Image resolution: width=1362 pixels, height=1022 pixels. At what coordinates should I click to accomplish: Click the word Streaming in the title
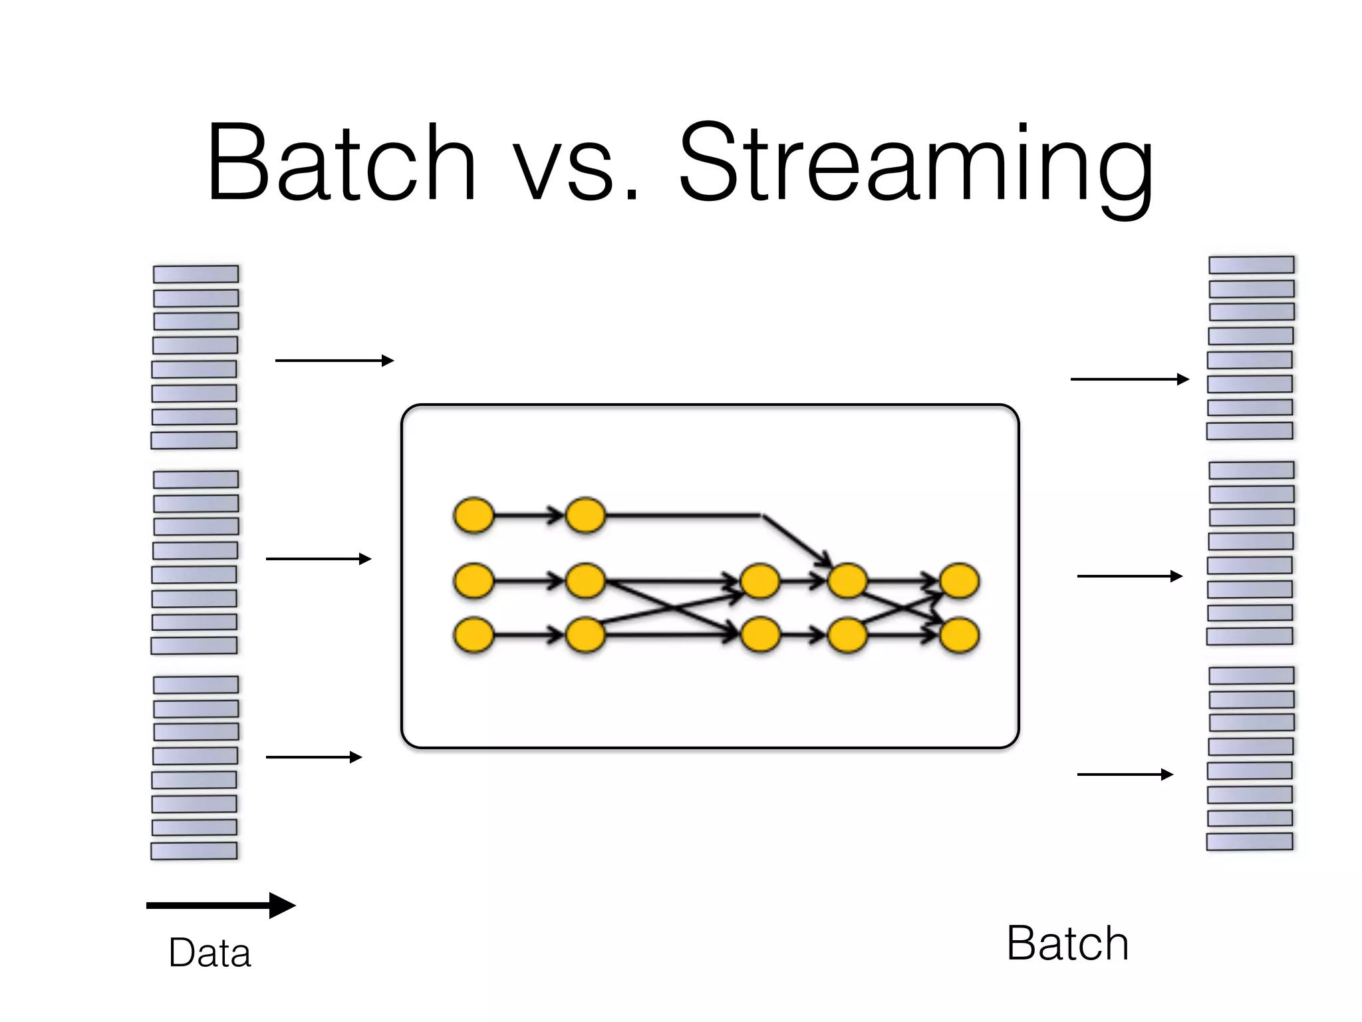tap(916, 166)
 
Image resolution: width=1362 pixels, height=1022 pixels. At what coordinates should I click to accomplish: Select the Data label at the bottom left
tap(209, 953)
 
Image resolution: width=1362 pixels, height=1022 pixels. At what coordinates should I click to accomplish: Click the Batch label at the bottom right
tap(1067, 943)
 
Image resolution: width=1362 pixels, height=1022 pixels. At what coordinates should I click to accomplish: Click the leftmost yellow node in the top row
tap(474, 515)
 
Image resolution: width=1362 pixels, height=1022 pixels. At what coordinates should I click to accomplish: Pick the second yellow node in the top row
tap(585, 515)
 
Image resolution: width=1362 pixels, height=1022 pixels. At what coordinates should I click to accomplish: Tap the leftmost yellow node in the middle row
tap(474, 581)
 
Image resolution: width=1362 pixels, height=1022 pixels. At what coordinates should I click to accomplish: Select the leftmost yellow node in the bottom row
tap(474, 635)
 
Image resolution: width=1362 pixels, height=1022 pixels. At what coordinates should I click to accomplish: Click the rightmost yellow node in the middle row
tap(959, 581)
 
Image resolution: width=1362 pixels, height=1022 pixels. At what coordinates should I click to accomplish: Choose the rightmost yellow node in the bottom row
tap(959, 635)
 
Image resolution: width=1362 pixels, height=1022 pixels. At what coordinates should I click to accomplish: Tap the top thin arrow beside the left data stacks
tap(334, 361)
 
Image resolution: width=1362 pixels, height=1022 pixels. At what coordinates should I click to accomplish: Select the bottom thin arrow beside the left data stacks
tap(313, 757)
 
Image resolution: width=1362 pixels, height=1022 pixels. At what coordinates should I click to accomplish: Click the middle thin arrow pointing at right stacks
tap(1129, 576)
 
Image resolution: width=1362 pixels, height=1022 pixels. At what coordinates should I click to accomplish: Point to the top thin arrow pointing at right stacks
tap(1129, 379)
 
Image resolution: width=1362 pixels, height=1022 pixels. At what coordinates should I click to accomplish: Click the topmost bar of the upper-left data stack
tap(196, 274)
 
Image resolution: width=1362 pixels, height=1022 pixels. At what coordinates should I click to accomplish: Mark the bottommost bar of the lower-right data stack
tap(1250, 842)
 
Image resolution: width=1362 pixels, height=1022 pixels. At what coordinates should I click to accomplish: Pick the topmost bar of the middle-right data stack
tap(1251, 470)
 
